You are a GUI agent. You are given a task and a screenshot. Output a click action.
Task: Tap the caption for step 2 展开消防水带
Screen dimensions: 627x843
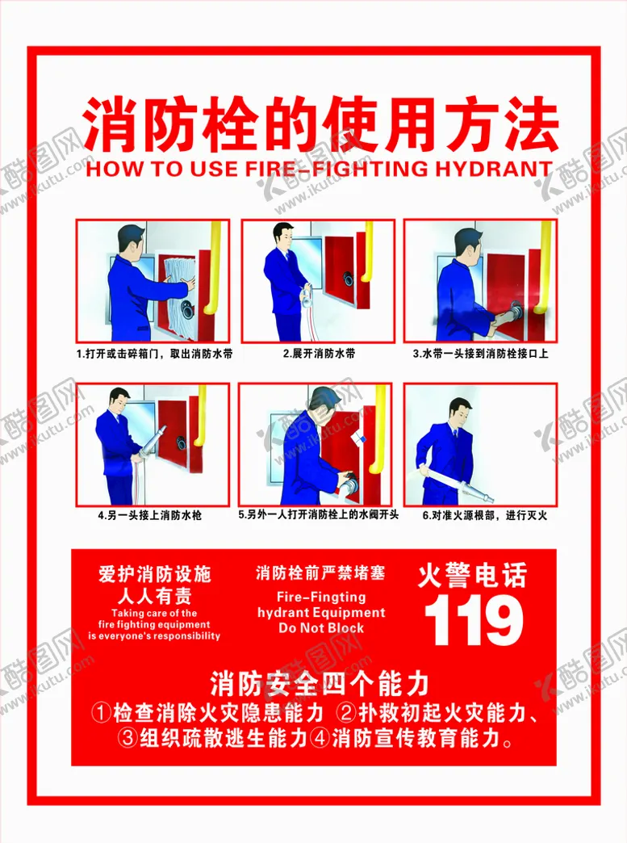tap(319, 353)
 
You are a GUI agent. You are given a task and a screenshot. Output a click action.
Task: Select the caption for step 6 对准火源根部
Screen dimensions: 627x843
tap(484, 515)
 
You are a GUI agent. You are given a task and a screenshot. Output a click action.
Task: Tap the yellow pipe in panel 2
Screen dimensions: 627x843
tap(368, 252)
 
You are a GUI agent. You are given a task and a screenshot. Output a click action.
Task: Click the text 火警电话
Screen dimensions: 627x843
tap(472, 575)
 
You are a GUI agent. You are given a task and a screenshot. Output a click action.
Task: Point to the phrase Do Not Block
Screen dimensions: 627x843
tap(320, 627)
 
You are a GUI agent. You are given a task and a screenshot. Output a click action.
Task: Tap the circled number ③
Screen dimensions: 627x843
tap(128, 738)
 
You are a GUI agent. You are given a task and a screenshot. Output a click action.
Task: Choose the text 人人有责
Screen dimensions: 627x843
tap(155, 596)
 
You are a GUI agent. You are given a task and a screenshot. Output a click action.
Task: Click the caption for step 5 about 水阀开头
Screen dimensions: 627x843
tap(319, 514)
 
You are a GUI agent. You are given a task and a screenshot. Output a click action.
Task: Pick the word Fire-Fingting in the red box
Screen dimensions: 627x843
tap(321, 597)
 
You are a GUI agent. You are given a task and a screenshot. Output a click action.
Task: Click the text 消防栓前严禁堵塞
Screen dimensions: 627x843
tap(320, 573)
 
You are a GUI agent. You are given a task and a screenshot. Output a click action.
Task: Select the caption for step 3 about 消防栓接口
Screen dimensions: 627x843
tap(480, 353)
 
